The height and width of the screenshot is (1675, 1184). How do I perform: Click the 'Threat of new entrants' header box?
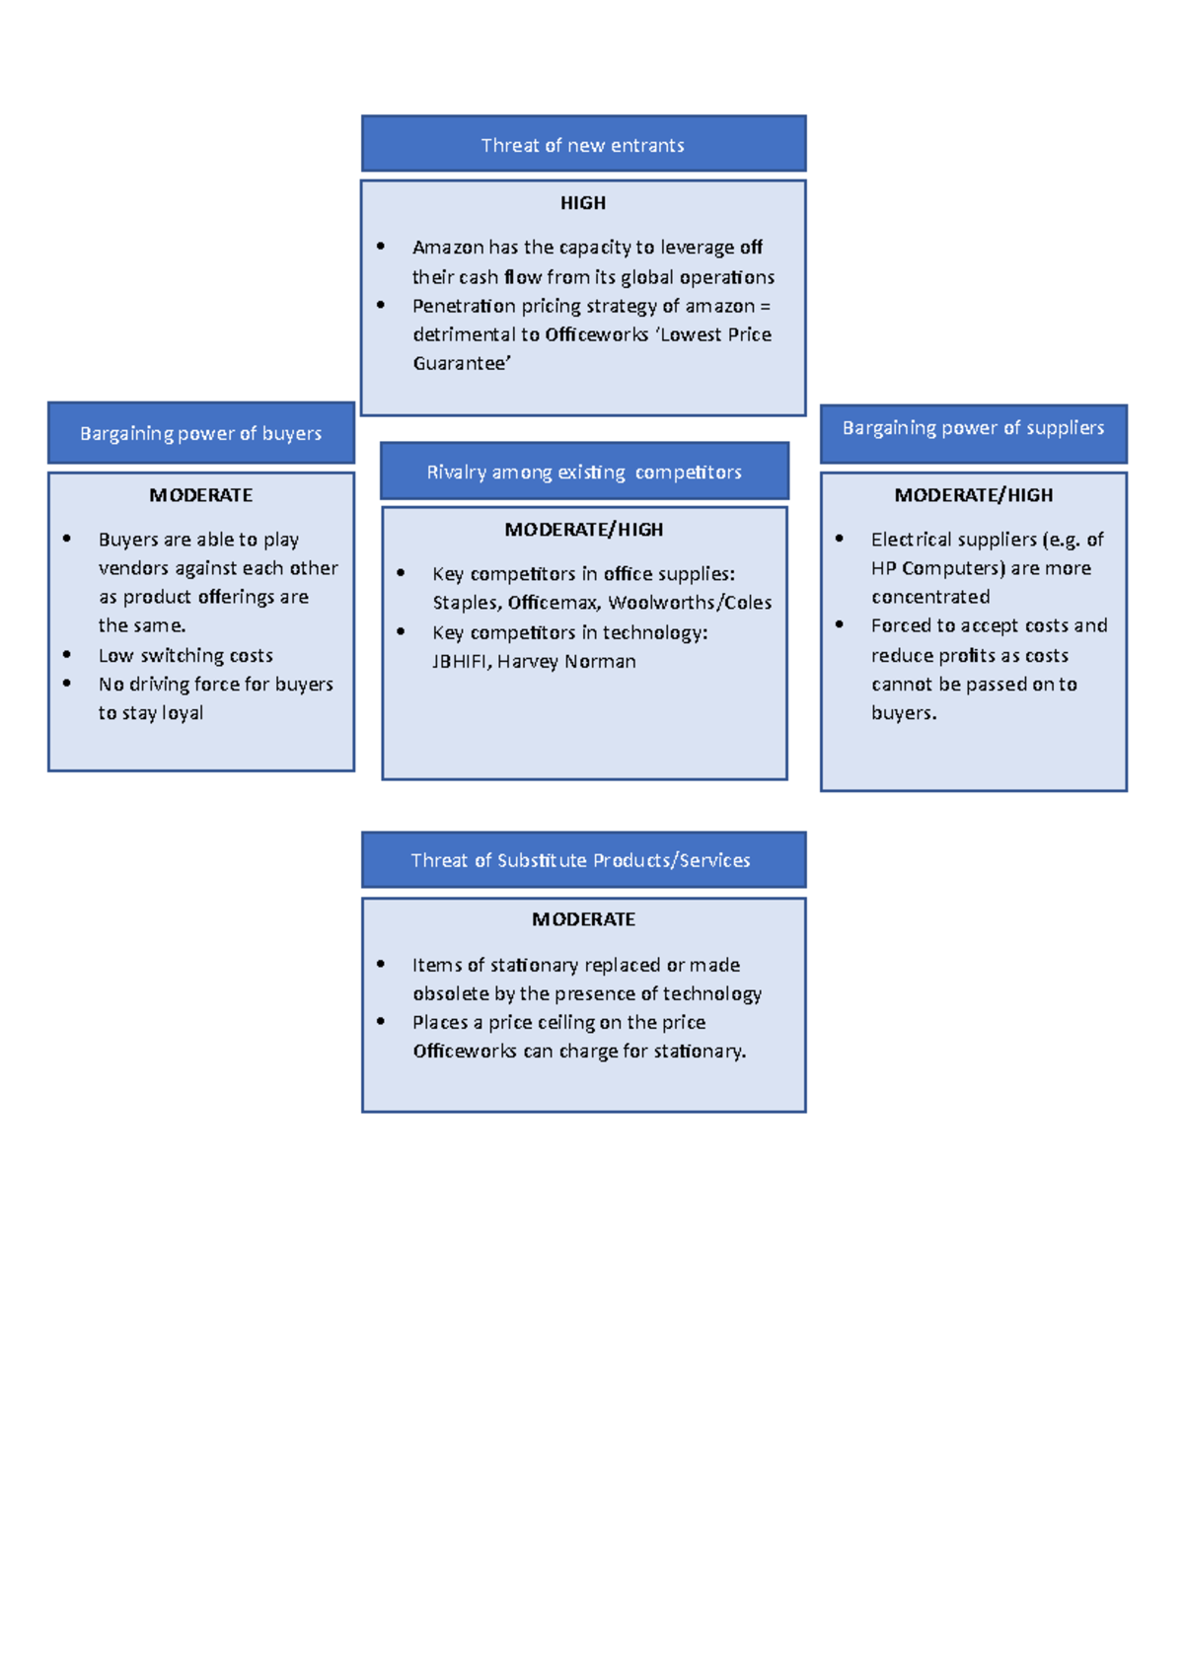tap(583, 144)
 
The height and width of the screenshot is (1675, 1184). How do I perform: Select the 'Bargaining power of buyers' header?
tap(200, 433)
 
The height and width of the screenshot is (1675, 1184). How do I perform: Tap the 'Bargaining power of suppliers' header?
tap(973, 428)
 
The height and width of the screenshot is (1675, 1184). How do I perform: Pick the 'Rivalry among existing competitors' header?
tap(584, 472)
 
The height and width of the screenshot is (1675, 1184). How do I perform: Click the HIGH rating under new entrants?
tap(583, 203)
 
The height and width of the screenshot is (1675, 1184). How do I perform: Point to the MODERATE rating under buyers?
tap(200, 495)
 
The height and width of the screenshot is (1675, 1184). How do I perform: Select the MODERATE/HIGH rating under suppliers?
tap(973, 495)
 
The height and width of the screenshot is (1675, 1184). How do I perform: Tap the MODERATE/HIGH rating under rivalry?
tap(583, 530)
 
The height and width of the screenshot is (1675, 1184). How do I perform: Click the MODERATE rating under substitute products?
tap(583, 919)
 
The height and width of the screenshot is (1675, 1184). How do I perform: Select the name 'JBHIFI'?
tap(460, 662)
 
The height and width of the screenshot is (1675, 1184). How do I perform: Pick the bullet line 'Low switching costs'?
tap(185, 656)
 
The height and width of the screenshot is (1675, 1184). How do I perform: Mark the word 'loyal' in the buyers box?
tap(183, 713)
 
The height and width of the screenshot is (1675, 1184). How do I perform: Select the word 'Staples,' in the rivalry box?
tap(467, 603)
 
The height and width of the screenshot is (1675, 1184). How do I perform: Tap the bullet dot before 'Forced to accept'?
tap(840, 624)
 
